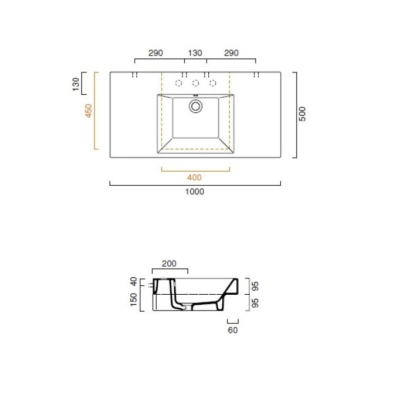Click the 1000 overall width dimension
(x=194, y=192)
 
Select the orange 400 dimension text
(x=194, y=178)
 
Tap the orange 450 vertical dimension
(x=89, y=111)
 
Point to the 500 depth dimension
(x=303, y=114)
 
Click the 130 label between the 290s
(x=195, y=53)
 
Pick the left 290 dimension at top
(x=156, y=53)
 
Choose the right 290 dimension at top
(x=231, y=53)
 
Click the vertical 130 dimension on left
(x=75, y=84)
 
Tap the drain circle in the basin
(x=195, y=106)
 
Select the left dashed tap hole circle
(x=179, y=83)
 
